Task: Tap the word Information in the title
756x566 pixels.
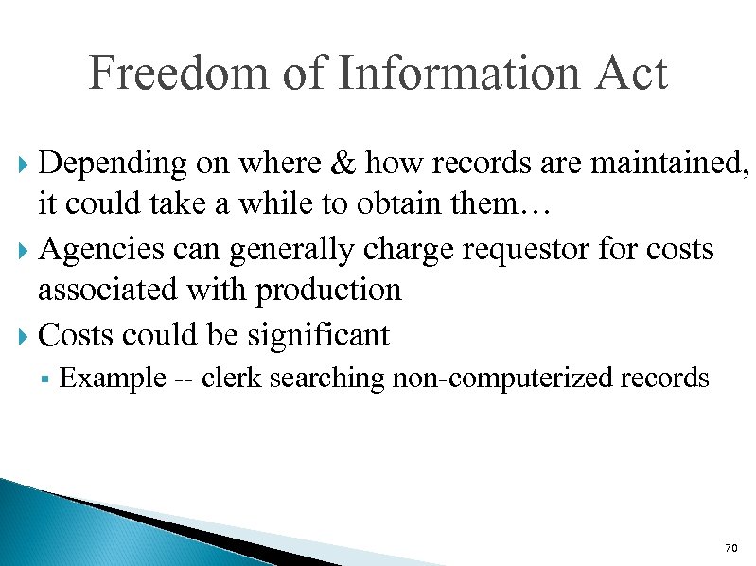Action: click(464, 74)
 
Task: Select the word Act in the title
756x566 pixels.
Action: click(632, 74)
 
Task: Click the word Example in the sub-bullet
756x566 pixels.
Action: click(112, 379)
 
